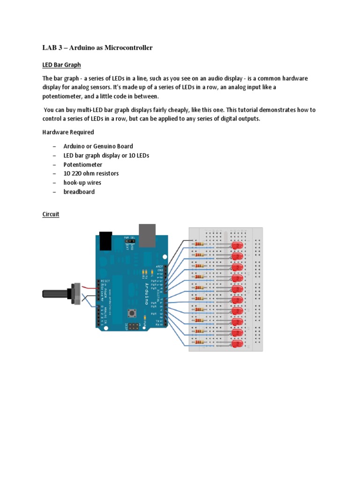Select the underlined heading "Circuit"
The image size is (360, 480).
coord(51,214)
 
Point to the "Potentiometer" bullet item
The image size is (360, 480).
coord(83,165)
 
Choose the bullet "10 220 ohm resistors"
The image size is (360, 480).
coord(91,173)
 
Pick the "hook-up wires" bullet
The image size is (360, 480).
coord(82,182)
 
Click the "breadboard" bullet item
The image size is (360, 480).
coord(79,192)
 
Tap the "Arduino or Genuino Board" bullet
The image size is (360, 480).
coord(98,146)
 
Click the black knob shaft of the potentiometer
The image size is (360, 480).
coord(55,294)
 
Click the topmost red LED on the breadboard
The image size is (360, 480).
coord(237,246)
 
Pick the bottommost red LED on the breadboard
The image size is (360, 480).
coord(237,344)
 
